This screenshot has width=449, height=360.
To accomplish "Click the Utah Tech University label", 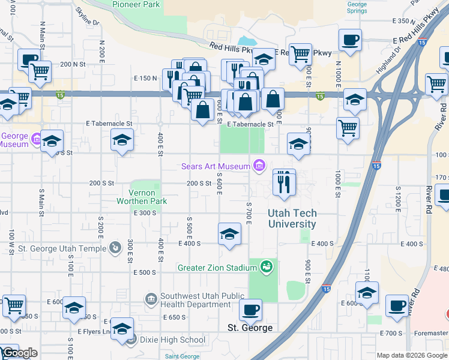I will (x=292, y=218).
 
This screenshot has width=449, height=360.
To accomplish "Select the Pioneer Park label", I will (x=136, y=4).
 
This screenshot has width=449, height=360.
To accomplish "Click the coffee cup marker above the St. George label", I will (x=250, y=310).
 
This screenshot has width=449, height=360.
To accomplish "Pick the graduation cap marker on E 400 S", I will (x=229, y=235).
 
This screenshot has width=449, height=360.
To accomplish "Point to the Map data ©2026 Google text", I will (x=412, y=355).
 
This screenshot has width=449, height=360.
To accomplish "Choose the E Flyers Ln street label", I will (x=94, y=331).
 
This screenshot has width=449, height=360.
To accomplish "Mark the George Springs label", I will (x=357, y=7).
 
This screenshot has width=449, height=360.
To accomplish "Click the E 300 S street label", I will (x=145, y=213).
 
